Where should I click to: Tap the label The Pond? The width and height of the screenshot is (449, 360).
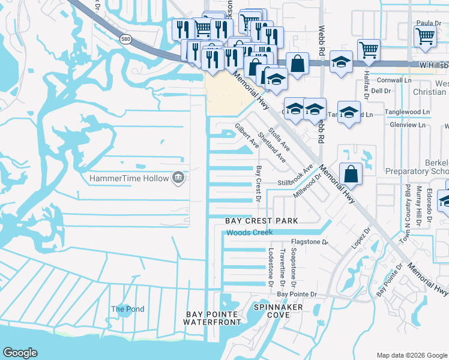[127, 309]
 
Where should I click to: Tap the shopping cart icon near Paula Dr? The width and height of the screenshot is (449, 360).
[425, 35]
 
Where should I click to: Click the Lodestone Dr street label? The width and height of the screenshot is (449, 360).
[271, 266]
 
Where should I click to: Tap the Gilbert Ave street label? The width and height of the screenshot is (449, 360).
[247, 136]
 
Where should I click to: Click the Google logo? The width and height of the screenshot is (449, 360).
[20, 353]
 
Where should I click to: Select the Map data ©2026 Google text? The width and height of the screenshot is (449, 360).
[412, 355]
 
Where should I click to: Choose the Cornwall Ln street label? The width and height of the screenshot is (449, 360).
[394, 80]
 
